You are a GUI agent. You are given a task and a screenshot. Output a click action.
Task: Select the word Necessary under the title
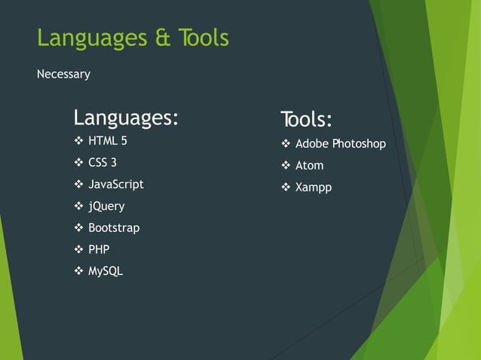(x=63, y=75)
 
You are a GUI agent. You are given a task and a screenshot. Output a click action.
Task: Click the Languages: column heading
(x=126, y=118)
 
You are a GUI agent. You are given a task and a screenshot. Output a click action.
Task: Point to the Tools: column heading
(x=306, y=120)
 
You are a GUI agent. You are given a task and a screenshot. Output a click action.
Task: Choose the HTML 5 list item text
(x=108, y=140)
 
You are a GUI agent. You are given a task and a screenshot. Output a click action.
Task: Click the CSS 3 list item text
(x=103, y=162)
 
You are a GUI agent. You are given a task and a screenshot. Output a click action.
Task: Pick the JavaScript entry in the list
(x=115, y=184)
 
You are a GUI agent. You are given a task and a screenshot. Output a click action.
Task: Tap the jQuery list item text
(x=106, y=206)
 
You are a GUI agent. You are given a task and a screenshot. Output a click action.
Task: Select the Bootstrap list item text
(x=114, y=227)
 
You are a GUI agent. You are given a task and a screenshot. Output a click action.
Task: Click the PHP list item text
(x=99, y=249)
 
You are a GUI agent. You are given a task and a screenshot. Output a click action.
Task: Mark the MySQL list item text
(x=105, y=271)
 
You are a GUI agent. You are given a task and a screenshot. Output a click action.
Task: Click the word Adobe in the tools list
(x=312, y=144)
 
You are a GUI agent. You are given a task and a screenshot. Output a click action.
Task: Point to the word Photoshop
(x=359, y=144)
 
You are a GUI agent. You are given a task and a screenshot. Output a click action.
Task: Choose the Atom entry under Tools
(x=309, y=166)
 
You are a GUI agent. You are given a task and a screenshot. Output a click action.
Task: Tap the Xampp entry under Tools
(x=313, y=188)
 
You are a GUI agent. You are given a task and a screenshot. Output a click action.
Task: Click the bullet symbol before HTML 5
(x=78, y=141)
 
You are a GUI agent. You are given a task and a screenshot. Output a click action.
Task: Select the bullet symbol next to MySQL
(x=78, y=271)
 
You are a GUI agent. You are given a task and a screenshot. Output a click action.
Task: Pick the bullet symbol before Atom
(x=286, y=166)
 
